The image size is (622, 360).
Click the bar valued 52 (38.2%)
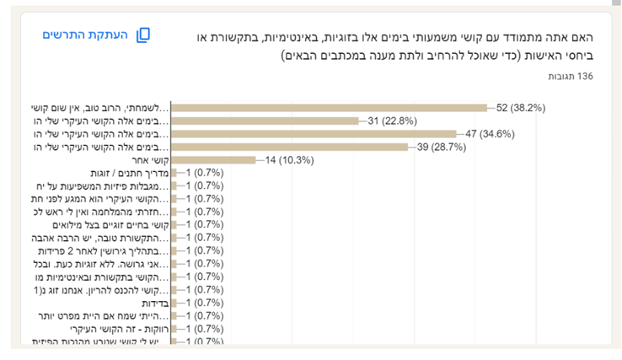pyautogui.click(x=329, y=107)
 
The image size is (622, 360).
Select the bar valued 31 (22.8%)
pyautogui.click(x=268, y=121)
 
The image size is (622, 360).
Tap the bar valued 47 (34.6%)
pyautogui.click(x=314, y=133)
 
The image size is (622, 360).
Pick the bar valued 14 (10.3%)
pyautogui.click(x=213, y=159)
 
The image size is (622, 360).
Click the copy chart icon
pyautogui.click(x=143, y=35)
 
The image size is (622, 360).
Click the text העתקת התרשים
pyautogui.click(x=86, y=35)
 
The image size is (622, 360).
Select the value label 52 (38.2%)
pyautogui.click(x=522, y=107)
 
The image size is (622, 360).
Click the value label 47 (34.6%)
pyautogui.click(x=491, y=133)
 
